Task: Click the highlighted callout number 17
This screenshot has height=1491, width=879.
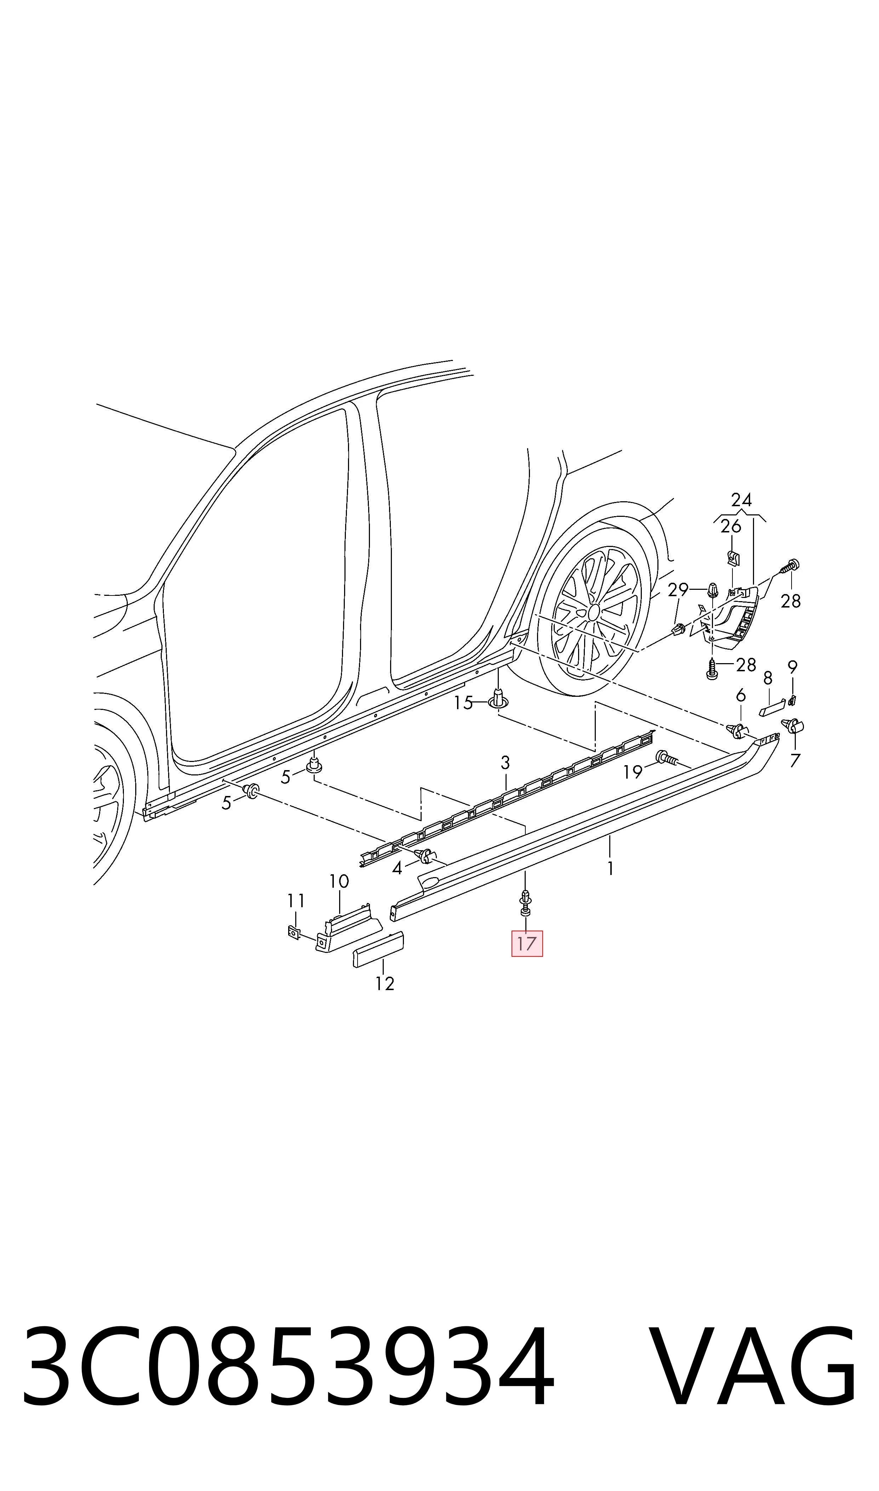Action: pyautogui.click(x=526, y=943)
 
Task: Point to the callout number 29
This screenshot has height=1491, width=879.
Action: pyautogui.click(x=678, y=590)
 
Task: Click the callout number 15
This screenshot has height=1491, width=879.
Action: pyautogui.click(x=463, y=703)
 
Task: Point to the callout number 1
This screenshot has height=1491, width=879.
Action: pyautogui.click(x=610, y=869)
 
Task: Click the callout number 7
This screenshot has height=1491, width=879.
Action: pyautogui.click(x=795, y=760)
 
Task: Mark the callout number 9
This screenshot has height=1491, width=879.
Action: pyautogui.click(x=793, y=667)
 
